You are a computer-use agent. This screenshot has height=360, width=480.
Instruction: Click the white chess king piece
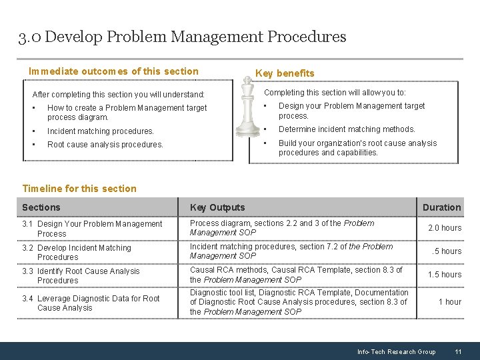coord(249,110)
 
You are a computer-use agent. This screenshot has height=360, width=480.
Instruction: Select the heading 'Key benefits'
coord(285,73)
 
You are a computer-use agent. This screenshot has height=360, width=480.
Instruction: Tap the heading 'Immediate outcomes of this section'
coord(113,71)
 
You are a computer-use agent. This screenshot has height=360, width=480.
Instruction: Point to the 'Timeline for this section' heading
coord(79,189)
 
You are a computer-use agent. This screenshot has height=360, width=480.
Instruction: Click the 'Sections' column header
coord(41,207)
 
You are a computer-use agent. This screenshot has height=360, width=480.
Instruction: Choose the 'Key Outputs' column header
coord(217,207)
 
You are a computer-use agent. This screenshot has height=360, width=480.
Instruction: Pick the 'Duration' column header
coord(441,207)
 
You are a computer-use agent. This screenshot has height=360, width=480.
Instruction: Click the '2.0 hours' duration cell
coord(444,228)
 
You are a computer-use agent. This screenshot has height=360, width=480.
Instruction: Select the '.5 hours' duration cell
coord(446,251)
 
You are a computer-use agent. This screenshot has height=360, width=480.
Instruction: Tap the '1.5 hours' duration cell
coord(444,275)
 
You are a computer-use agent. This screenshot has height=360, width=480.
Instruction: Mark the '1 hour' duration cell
coord(449,302)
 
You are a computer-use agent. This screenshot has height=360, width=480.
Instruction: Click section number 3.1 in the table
coord(29,224)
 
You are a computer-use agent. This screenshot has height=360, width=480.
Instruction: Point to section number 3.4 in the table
coord(29,299)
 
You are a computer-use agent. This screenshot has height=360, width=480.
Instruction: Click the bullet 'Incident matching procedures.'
coord(100,131)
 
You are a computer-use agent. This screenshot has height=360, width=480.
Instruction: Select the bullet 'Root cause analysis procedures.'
coord(105,144)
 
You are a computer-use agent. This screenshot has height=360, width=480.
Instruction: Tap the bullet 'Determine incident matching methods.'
coord(346,129)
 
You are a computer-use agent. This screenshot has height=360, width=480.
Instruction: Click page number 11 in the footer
coord(458,351)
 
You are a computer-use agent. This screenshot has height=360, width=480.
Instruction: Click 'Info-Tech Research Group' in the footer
coord(396,351)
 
